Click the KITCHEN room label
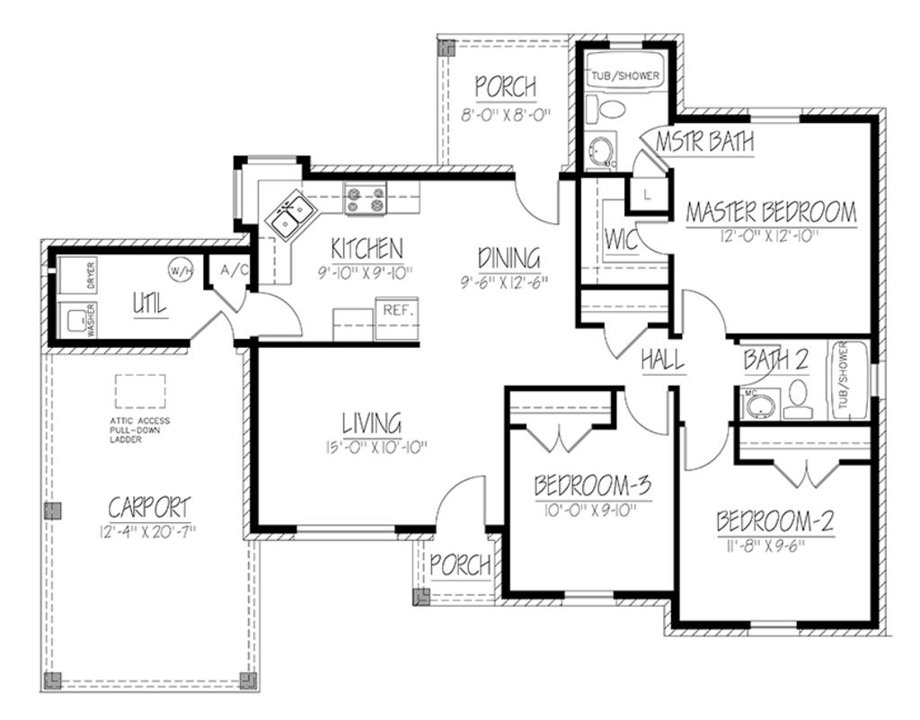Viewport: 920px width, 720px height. tap(367, 247)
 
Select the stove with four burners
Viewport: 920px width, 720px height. tap(365, 200)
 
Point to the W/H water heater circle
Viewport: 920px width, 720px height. tap(181, 270)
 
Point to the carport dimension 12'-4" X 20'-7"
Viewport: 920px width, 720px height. tap(148, 531)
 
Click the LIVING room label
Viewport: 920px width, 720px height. tap(370, 422)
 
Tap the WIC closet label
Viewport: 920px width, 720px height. tap(621, 239)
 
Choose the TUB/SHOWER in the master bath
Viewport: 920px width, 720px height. tap(625, 76)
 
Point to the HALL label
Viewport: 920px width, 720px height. tap(664, 360)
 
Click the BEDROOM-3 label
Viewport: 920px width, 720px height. tap(592, 486)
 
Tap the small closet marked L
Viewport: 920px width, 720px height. tap(647, 192)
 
